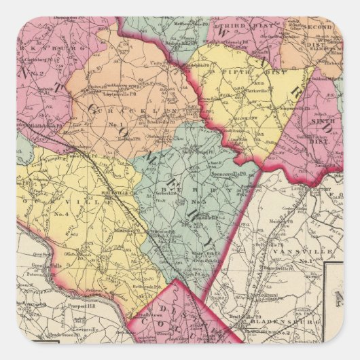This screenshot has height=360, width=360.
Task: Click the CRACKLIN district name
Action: tap(122, 109)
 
